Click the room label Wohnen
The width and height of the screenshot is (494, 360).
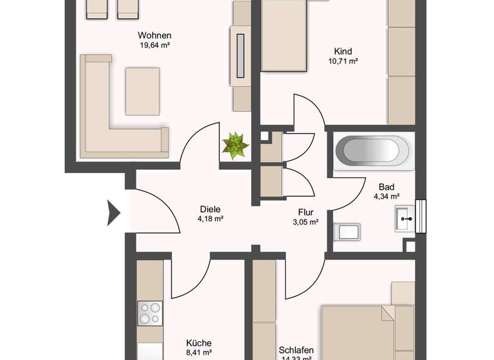point(154,35)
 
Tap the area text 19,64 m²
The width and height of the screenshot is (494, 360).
point(154,46)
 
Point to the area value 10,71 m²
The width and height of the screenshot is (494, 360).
point(343,62)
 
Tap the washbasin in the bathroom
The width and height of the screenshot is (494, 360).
point(407,219)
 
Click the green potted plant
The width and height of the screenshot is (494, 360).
point(235,145)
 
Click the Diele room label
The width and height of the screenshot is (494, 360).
point(210,209)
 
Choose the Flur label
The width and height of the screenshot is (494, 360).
point(306,212)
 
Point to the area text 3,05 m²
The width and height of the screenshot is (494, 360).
point(306,222)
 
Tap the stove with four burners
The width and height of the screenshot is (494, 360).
point(150,313)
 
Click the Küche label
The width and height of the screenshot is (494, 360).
point(198,343)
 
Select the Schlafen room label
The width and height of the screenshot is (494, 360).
point(297,350)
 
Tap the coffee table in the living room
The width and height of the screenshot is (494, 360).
point(142,91)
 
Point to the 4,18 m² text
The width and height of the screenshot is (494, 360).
point(210,219)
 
